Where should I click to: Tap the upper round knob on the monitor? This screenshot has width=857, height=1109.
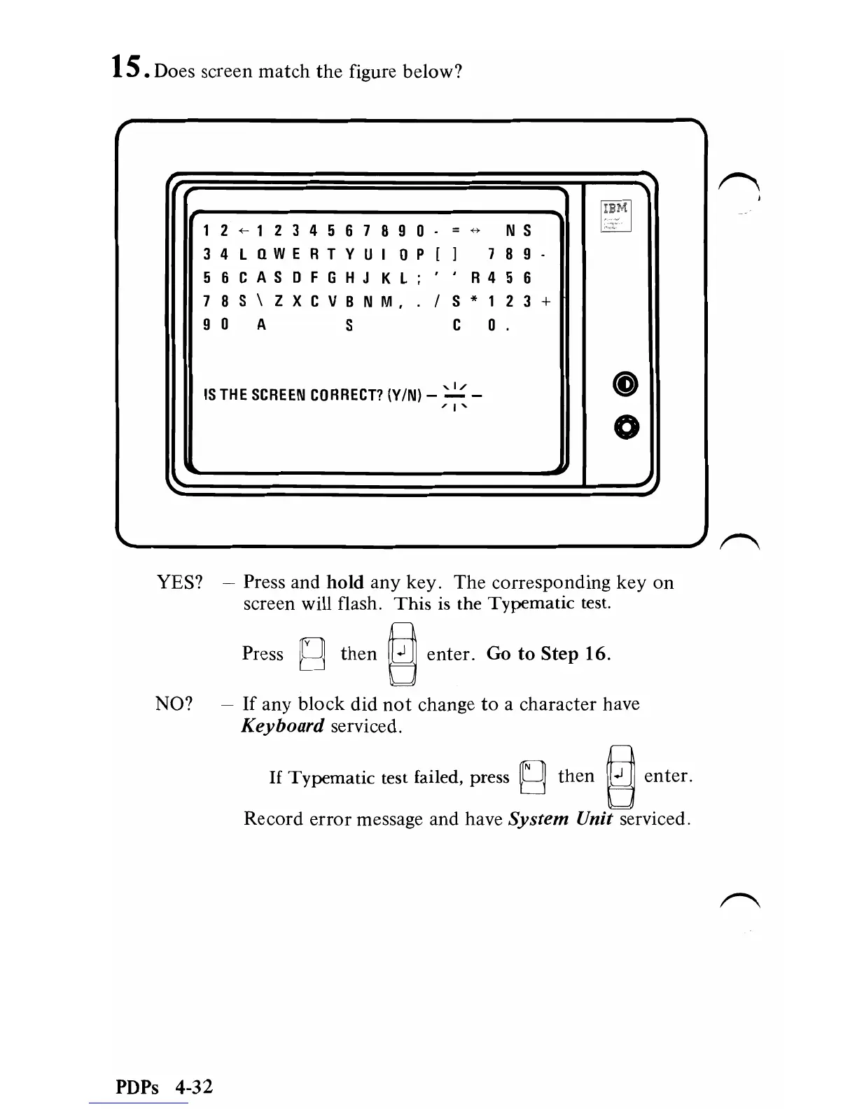point(626,382)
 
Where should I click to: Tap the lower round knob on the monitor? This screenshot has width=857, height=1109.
point(626,426)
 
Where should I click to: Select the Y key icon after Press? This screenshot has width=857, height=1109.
point(312,655)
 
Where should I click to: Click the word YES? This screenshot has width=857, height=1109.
point(179,583)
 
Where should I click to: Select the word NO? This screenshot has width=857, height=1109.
point(174,704)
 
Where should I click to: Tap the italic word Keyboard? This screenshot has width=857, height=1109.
point(282,726)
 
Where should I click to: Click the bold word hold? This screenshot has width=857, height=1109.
point(345,583)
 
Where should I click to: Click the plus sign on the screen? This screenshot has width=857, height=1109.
point(547,301)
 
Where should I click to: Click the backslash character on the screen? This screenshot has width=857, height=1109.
point(260,301)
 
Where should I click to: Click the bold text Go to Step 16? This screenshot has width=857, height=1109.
point(548,654)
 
